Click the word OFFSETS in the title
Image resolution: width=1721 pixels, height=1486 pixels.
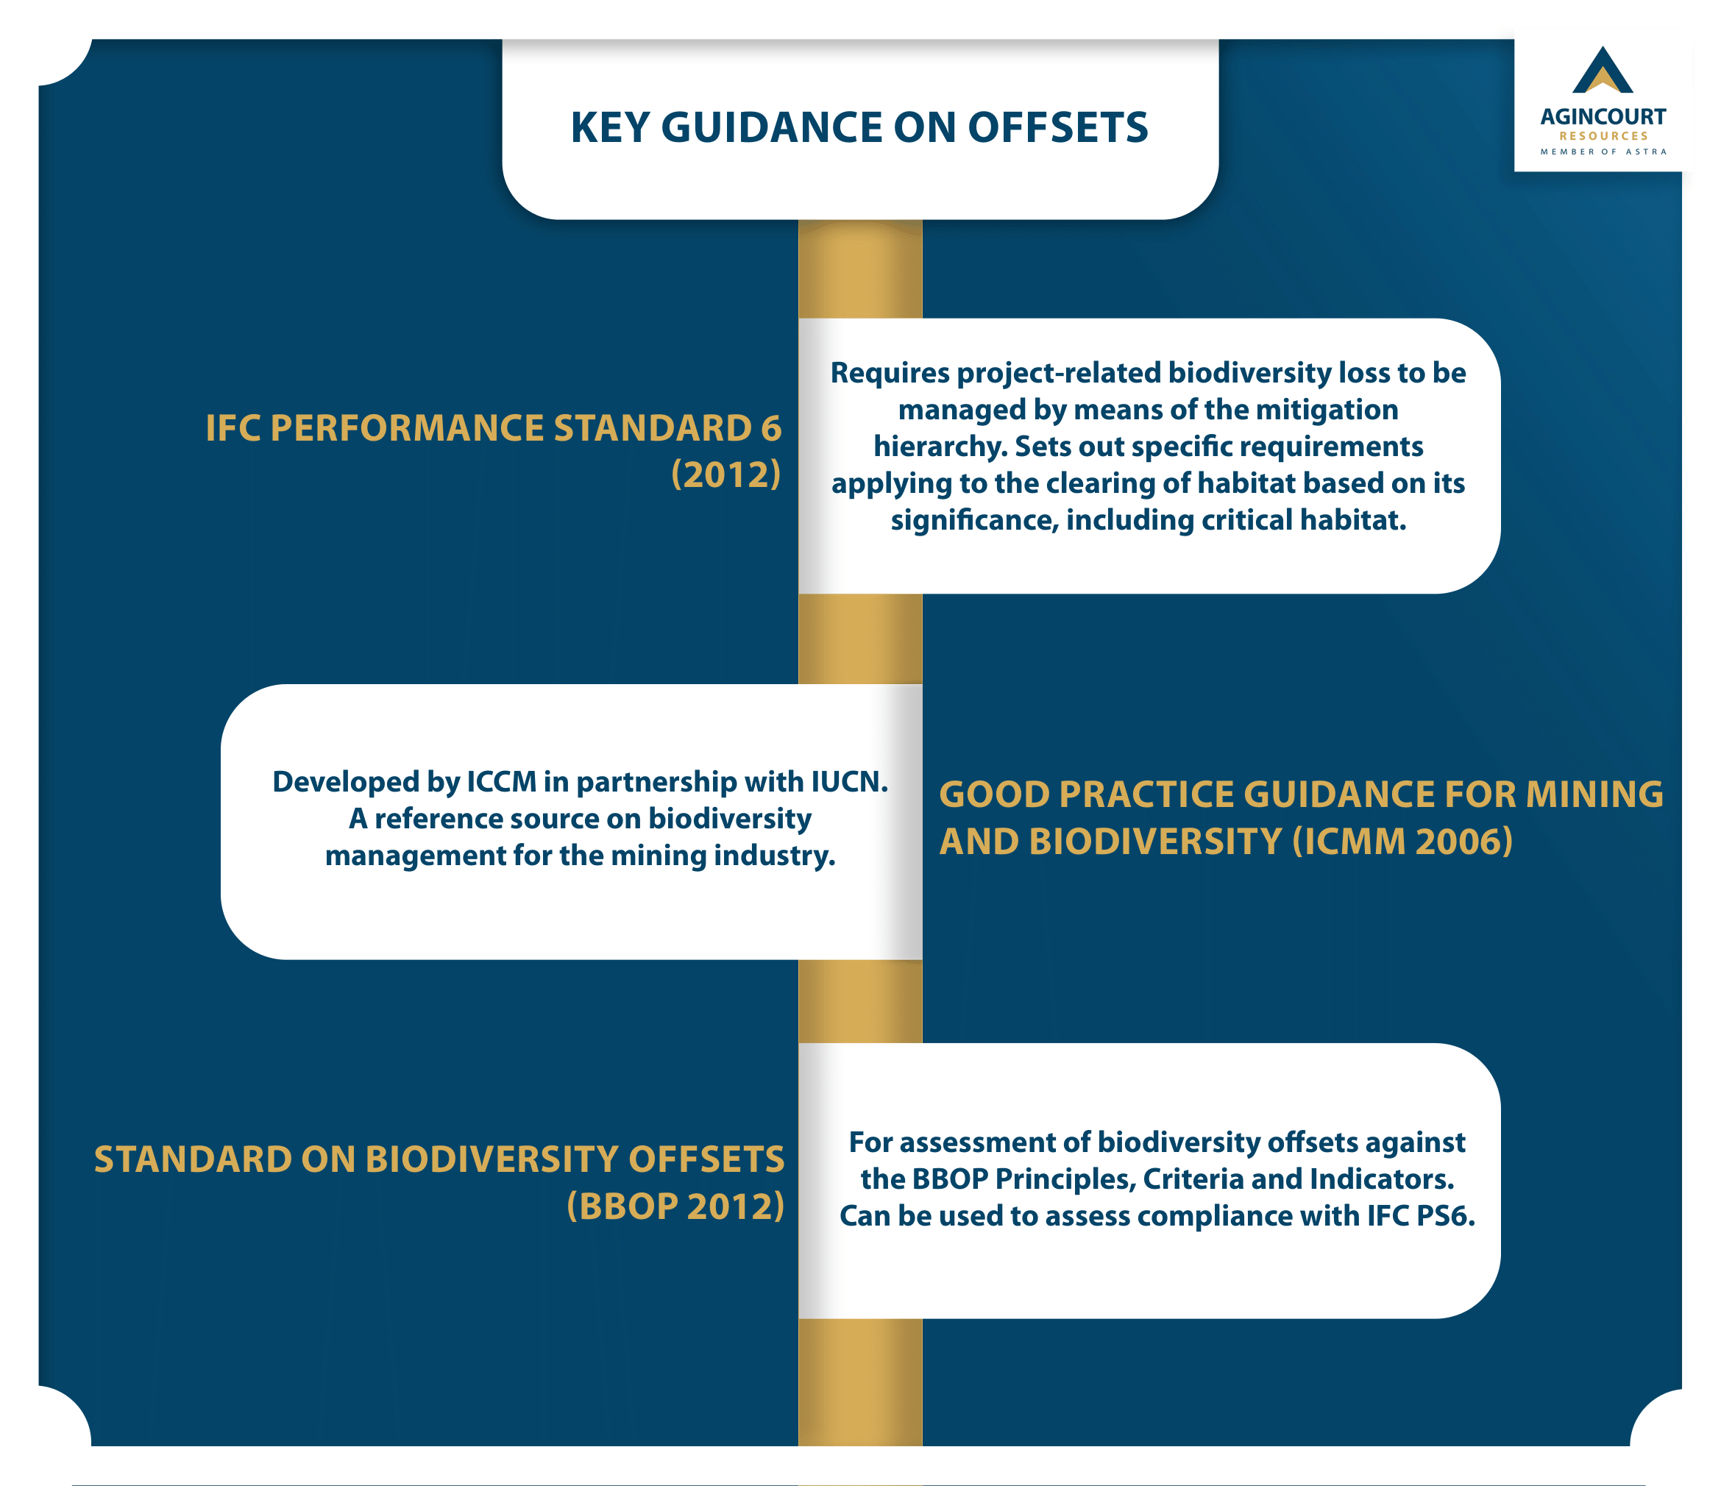pos(1057,128)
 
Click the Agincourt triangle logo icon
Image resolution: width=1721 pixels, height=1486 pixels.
pos(1603,70)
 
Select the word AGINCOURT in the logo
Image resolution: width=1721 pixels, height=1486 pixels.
pos(1603,116)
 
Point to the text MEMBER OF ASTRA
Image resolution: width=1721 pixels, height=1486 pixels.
pos(1603,152)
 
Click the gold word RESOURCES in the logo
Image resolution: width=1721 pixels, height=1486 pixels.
pos(1603,136)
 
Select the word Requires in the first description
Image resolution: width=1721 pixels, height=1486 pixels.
pos(890,374)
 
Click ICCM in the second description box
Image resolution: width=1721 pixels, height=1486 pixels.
pos(501,783)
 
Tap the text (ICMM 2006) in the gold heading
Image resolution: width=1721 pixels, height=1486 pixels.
pos(1402,842)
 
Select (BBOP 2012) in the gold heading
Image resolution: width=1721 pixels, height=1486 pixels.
pos(675,1207)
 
